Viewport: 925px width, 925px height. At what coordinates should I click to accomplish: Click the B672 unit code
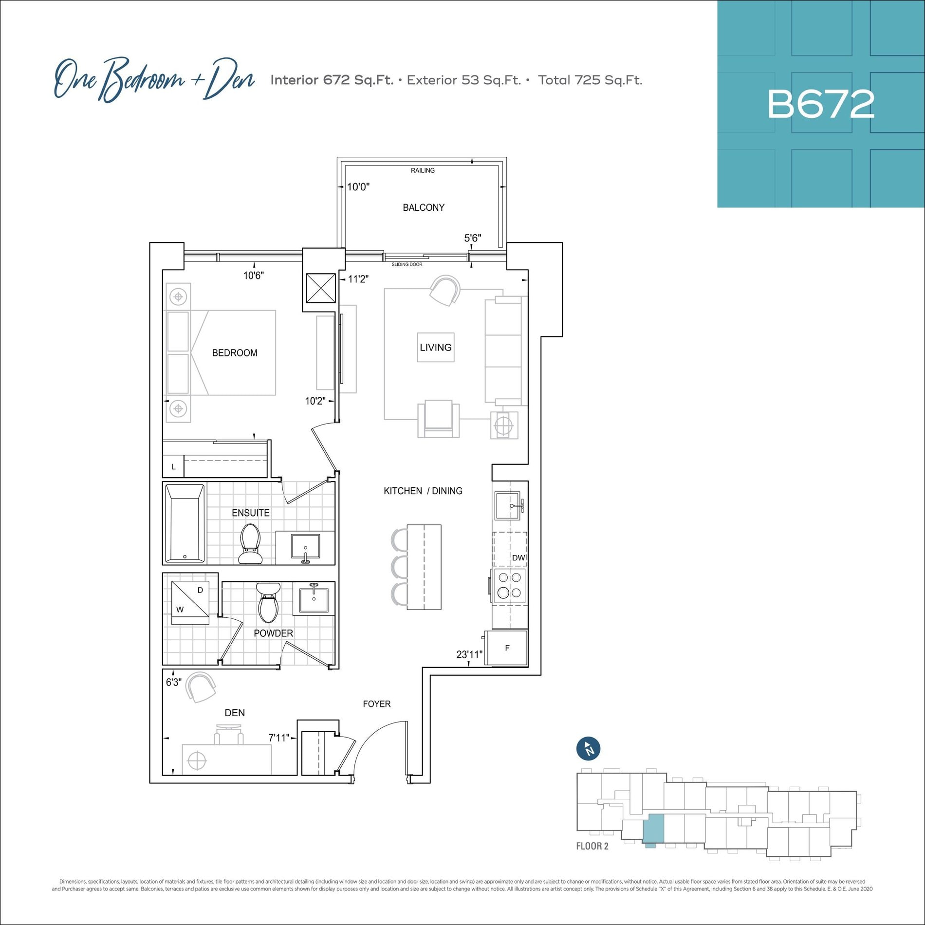pyautogui.click(x=821, y=104)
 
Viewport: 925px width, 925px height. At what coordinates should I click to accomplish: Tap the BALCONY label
pyautogui.click(x=424, y=207)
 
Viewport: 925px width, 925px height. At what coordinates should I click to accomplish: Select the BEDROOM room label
pyautogui.click(x=235, y=353)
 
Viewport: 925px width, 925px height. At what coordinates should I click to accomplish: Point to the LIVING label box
pyautogui.click(x=436, y=347)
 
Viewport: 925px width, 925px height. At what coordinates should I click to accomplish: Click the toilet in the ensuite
pyautogui.click(x=250, y=543)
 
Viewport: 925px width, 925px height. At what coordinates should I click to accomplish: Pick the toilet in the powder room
pyautogui.click(x=268, y=603)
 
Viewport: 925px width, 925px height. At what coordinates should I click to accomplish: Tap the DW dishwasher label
pyautogui.click(x=518, y=558)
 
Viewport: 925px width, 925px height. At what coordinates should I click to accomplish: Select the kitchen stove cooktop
pyautogui.click(x=510, y=586)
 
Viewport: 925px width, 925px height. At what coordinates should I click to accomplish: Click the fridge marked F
pyautogui.click(x=507, y=648)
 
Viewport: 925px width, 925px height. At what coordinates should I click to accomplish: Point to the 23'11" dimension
pyautogui.click(x=469, y=654)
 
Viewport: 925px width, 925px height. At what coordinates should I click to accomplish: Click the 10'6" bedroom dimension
pyautogui.click(x=254, y=276)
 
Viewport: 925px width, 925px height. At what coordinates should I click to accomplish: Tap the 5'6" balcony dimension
pyautogui.click(x=473, y=238)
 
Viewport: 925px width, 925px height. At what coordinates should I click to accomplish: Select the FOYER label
pyautogui.click(x=377, y=704)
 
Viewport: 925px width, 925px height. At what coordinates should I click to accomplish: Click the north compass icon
pyautogui.click(x=588, y=749)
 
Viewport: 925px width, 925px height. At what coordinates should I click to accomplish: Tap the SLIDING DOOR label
pyautogui.click(x=407, y=264)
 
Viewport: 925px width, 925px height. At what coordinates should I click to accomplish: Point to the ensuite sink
pyautogui.click(x=306, y=547)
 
